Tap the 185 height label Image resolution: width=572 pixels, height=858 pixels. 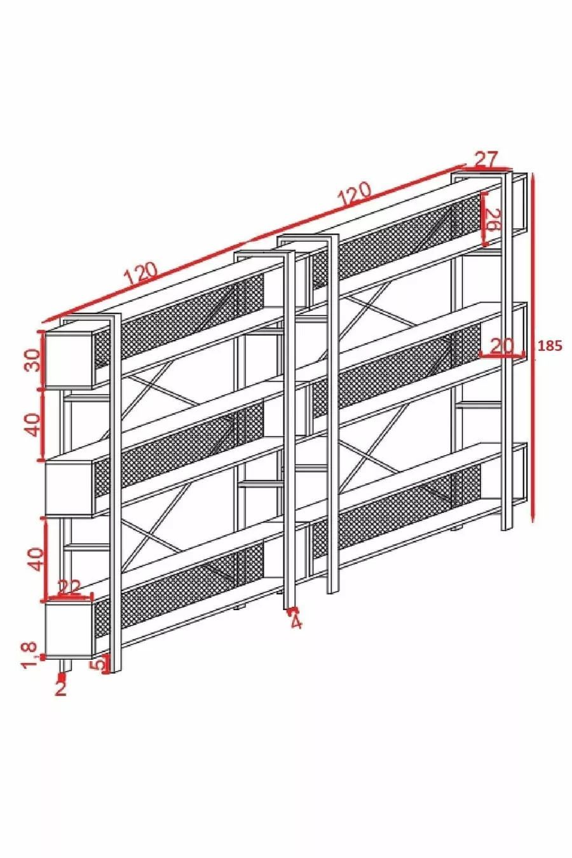click(x=550, y=346)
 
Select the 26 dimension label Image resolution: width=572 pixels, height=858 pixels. click(x=493, y=219)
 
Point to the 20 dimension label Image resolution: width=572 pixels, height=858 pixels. click(x=501, y=346)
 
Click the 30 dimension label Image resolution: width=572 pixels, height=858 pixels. click(x=33, y=360)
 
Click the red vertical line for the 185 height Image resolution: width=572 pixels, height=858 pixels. click(x=533, y=348)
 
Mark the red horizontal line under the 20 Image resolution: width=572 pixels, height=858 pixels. click(x=502, y=356)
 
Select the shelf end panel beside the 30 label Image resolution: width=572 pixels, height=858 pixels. click(x=69, y=360)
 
